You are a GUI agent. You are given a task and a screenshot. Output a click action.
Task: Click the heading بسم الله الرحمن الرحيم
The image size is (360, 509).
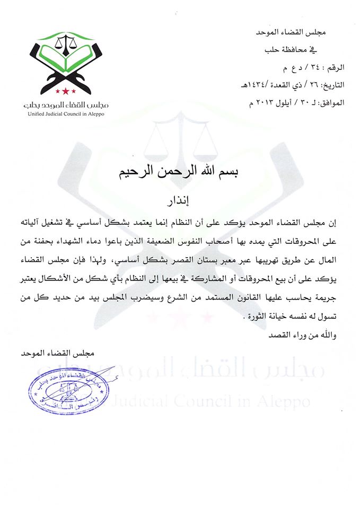(x=180, y=174)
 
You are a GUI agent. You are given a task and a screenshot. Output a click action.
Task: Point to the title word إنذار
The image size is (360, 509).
(x=181, y=201)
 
